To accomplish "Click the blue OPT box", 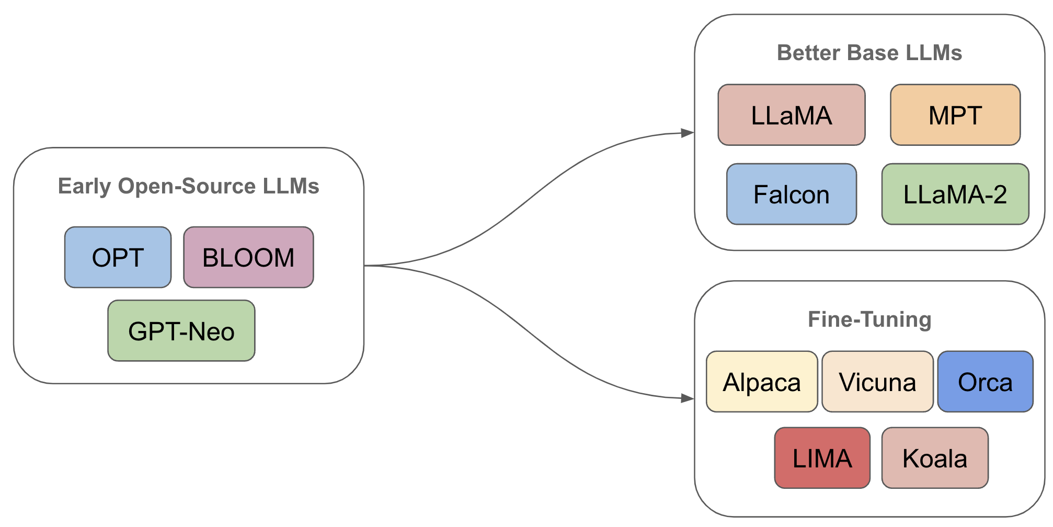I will click(118, 257).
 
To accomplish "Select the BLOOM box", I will click(248, 257).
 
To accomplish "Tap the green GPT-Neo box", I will click(181, 331).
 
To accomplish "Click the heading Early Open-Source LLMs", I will click(188, 186).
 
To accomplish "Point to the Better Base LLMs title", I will click(869, 53).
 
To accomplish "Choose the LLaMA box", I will click(791, 115).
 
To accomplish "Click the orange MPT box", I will click(955, 115).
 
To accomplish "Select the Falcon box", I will click(791, 194).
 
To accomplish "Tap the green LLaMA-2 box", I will click(955, 194).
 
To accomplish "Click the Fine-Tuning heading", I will click(869, 319).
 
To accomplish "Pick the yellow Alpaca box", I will click(762, 382).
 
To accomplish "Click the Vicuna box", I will click(877, 382).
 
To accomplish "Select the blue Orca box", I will click(985, 382).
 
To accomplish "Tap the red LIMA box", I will click(822, 458).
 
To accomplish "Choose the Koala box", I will click(935, 458).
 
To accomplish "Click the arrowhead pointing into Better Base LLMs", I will click(688, 133).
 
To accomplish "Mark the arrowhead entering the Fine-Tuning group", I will click(688, 398).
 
